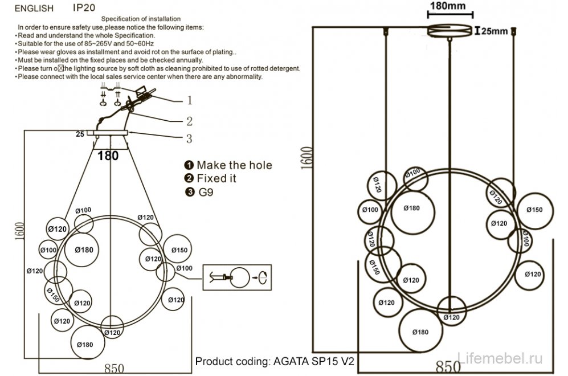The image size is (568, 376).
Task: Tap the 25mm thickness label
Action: (494, 31)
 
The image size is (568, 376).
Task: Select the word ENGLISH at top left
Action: (34, 9)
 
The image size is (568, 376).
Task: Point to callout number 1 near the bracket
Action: (189, 101)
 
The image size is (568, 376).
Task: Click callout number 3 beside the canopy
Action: (189, 138)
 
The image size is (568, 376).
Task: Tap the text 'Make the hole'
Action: (234, 165)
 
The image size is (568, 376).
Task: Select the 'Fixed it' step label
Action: (216, 178)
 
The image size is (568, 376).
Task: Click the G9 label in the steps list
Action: (205, 192)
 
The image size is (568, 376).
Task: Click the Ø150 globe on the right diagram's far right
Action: (534, 210)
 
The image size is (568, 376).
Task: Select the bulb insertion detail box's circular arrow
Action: (264, 278)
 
